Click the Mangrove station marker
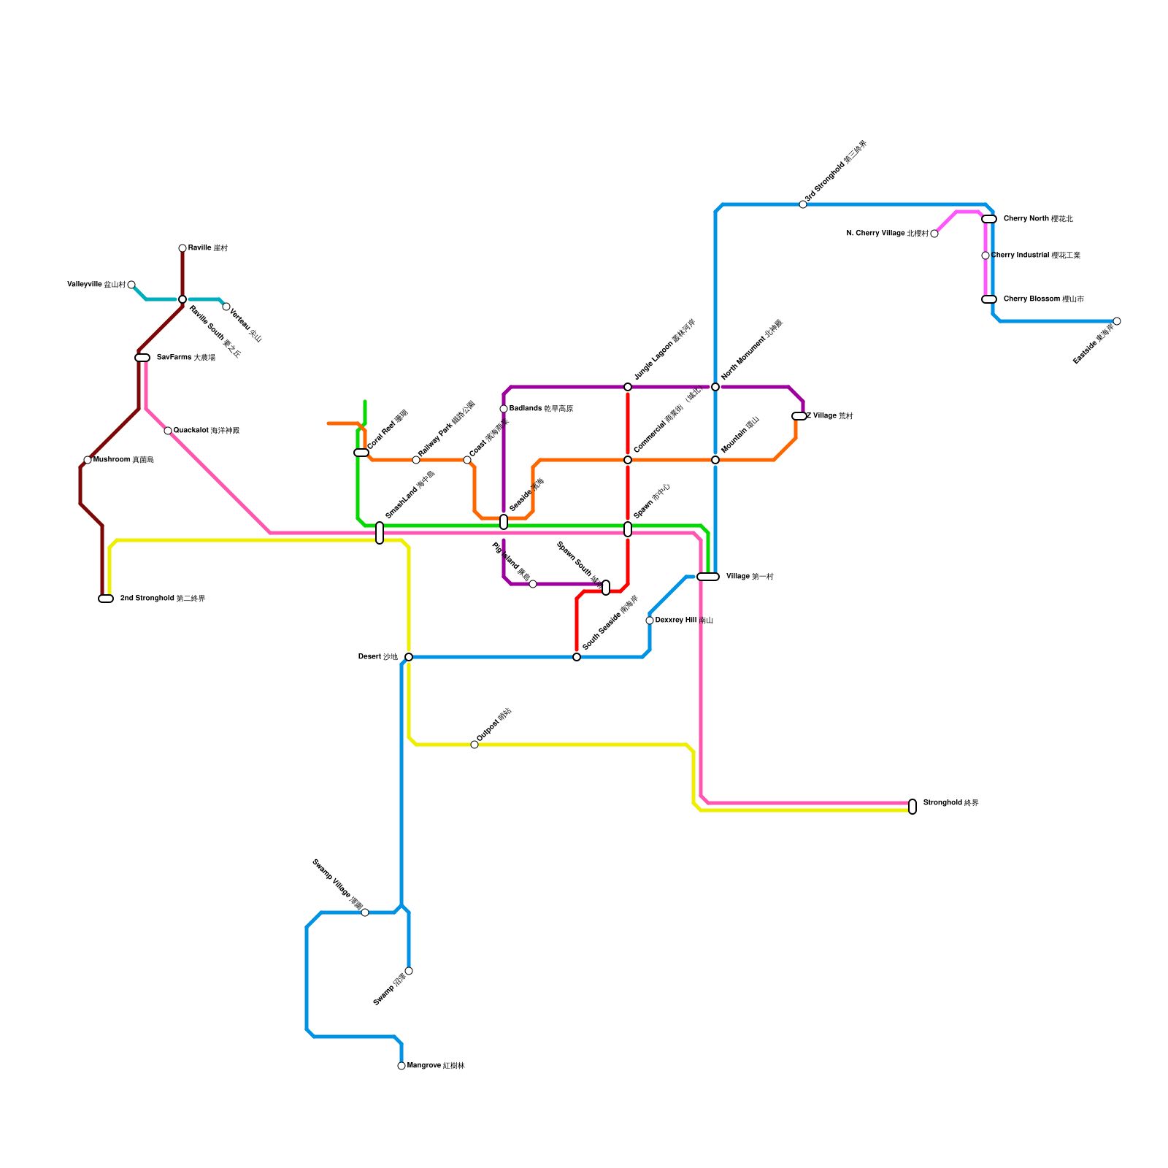point(401,1066)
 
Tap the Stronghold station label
point(950,803)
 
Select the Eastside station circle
point(1117,321)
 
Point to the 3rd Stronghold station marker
point(803,204)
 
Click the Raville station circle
point(182,248)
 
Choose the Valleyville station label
point(96,285)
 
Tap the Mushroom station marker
point(88,460)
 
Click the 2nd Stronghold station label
point(162,599)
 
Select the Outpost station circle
point(474,745)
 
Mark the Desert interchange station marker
point(409,657)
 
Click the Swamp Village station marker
point(365,912)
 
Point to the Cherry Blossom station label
point(1043,299)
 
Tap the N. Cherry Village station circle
point(934,234)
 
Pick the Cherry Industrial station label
point(1035,255)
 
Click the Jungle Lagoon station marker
point(628,387)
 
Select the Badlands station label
point(541,409)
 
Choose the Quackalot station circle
point(168,431)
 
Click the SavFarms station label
point(185,358)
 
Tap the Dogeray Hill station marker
point(650,620)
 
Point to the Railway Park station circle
point(416,460)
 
